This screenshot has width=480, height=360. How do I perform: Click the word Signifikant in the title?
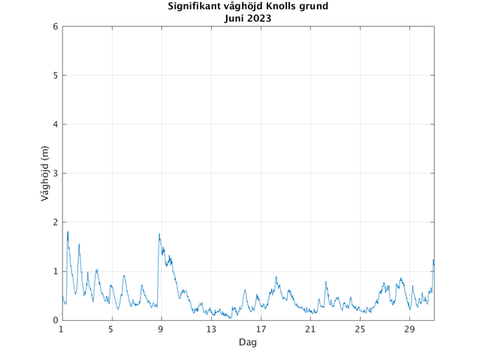coord(189,7)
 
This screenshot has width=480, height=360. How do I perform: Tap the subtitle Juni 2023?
coord(248,18)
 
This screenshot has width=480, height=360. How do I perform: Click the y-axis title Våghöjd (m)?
coord(46,174)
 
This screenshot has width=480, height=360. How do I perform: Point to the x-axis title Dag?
coord(248,343)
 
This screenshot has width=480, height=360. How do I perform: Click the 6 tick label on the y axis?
coord(55,27)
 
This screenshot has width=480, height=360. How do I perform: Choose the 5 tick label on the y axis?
coord(55,76)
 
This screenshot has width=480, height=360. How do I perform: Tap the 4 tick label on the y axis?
coord(55,125)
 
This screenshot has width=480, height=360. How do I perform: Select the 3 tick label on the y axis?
coord(55,174)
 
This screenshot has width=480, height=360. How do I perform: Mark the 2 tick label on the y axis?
coord(55,222)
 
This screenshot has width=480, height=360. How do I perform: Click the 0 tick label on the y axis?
coord(55,320)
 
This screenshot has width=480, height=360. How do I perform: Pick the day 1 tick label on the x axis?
coord(62,330)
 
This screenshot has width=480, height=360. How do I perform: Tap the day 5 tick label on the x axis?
coord(111,330)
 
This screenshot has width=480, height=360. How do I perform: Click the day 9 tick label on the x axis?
coord(161,330)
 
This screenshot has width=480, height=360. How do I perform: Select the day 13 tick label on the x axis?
coord(211,330)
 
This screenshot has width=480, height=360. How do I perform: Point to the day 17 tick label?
coord(261,330)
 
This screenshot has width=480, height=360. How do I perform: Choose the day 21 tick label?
coord(310,330)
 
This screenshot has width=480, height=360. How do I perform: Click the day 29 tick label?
coord(409,330)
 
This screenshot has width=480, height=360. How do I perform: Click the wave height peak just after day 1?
coord(68,231)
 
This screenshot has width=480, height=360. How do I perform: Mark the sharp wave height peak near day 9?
coord(159,234)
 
